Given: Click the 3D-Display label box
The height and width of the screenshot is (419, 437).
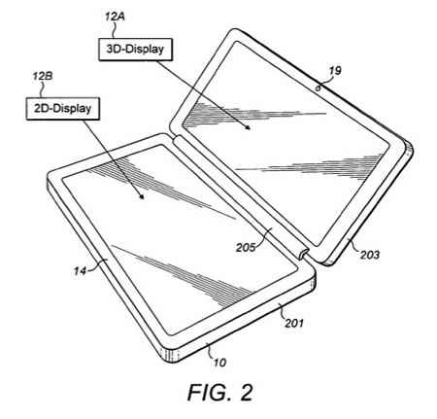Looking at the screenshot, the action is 135,50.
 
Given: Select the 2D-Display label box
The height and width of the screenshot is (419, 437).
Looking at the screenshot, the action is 63,109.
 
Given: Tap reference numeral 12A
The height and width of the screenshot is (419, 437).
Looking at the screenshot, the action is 115,17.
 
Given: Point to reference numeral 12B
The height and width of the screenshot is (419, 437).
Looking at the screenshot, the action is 42,76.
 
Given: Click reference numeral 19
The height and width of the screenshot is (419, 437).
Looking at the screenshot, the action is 335,71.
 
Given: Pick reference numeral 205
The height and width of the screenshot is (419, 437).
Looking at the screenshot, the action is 246,248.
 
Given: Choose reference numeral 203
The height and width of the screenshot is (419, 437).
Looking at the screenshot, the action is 370,255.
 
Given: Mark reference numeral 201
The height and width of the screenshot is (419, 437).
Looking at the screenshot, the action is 294,323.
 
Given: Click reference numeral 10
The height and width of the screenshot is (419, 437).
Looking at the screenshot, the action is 219,363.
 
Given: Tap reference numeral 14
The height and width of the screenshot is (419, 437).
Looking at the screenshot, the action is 80,270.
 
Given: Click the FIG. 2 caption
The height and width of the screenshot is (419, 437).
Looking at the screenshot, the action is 220,393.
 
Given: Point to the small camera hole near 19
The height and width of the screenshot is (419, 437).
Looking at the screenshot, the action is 319,87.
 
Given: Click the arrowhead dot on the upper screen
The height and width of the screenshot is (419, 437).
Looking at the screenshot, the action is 248,127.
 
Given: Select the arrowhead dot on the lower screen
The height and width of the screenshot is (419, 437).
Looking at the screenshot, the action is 141,196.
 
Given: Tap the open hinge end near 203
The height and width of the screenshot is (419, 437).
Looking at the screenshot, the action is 303,254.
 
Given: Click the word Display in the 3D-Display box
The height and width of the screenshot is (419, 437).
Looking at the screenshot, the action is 145,50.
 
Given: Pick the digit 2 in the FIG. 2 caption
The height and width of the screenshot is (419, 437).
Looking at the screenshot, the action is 246,393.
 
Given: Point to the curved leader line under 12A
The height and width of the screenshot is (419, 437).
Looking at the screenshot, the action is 114,30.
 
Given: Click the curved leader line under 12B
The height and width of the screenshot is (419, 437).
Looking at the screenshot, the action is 42,89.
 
